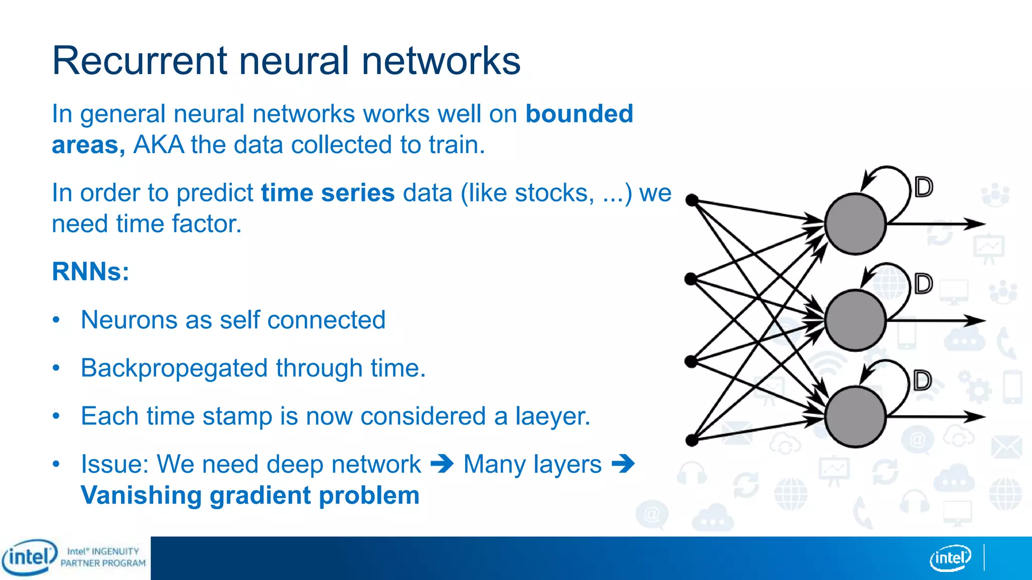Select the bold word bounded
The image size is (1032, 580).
pos(579,114)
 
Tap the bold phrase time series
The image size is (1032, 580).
pos(328,193)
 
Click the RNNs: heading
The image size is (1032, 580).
pos(91,271)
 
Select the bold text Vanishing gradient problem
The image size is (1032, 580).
pos(250,495)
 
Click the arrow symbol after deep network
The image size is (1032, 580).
pos(442,464)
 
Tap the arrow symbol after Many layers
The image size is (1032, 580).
pos(623,464)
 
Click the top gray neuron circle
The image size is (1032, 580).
pos(855,224)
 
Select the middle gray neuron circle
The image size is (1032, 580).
pos(855,320)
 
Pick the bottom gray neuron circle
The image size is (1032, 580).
pos(855,417)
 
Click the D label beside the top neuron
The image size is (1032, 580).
pos(924,187)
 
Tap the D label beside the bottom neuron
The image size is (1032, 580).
pos(923,381)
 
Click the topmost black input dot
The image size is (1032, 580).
pos(692,200)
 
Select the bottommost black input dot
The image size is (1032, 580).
pos(692,441)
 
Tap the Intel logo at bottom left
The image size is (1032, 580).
pos(29,557)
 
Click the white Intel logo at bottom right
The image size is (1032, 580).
pos(950,558)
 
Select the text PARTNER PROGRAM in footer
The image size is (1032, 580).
pos(103,563)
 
